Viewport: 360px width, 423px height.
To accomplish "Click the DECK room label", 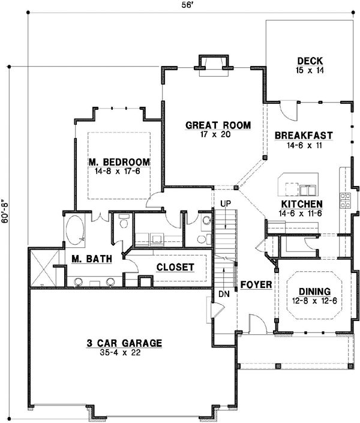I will click(x=310, y=61).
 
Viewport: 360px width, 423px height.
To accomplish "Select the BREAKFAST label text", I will click(x=304, y=136).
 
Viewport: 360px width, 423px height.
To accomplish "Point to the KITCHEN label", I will click(x=303, y=203).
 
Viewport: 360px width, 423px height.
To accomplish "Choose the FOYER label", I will click(x=256, y=284).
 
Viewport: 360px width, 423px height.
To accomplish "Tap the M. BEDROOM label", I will click(x=118, y=162).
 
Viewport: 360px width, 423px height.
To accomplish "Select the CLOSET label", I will click(x=175, y=267).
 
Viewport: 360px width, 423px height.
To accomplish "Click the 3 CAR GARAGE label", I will click(x=123, y=343).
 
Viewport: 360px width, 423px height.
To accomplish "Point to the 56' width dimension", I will click(x=188, y=5).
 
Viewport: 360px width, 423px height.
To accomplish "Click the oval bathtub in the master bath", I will click(x=76, y=230).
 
